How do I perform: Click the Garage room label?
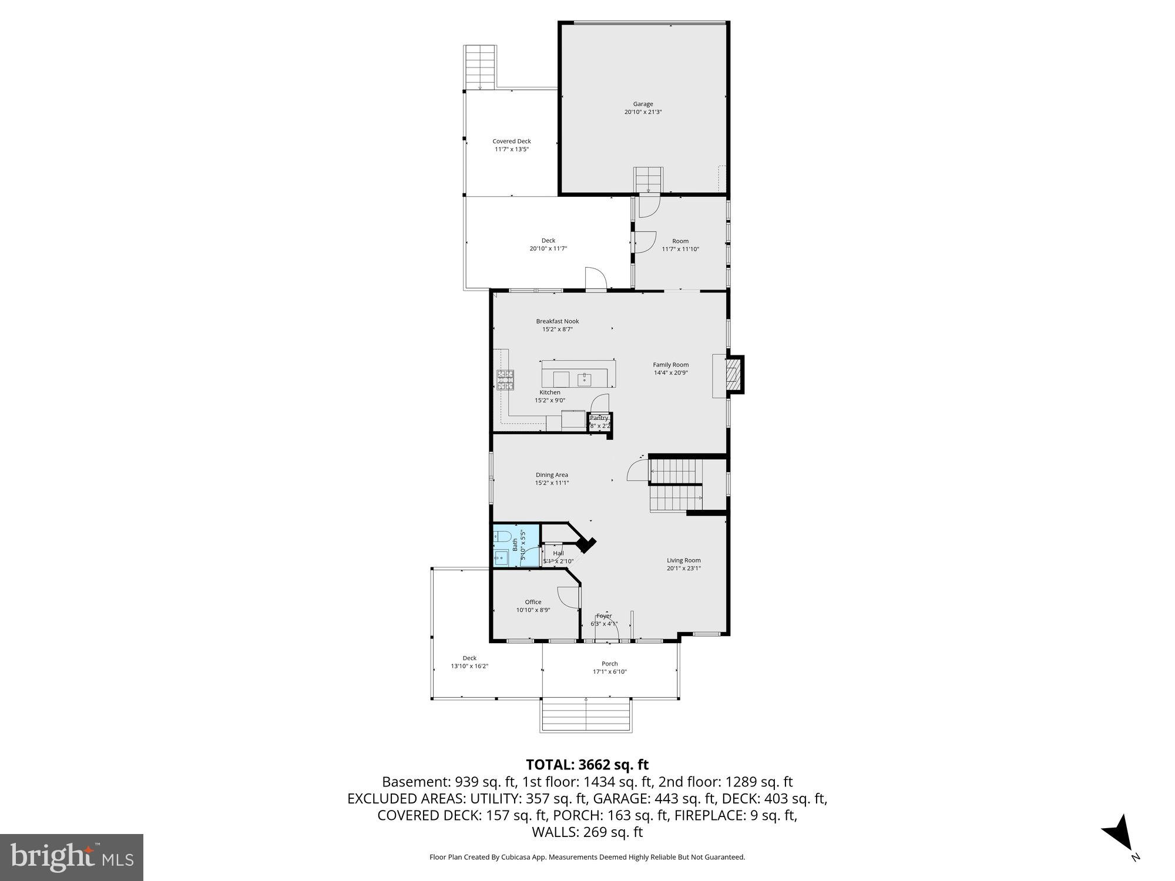tap(643, 105)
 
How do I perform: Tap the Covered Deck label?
tap(511, 142)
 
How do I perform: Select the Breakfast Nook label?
tap(557, 321)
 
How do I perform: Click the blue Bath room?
tap(515, 546)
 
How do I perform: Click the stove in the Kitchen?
tap(505, 380)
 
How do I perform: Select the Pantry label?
tap(599, 418)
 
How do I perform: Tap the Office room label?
tap(533, 602)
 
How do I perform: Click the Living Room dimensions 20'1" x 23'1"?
tap(683, 569)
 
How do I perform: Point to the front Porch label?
tap(609, 664)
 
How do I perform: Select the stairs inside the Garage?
tap(648, 179)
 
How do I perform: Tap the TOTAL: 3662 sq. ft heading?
tap(587, 765)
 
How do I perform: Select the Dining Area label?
tap(552, 475)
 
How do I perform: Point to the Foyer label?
tap(603, 616)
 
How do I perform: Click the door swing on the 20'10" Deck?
tap(595, 279)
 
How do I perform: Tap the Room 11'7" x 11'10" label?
tap(680, 241)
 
